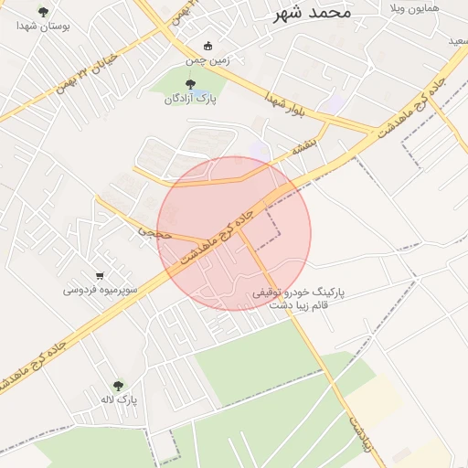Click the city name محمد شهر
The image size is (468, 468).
[x=312, y=14]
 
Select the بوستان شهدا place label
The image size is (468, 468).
[x=43, y=27]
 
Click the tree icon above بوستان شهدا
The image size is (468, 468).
[x=43, y=11]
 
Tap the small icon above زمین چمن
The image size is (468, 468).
[x=207, y=47]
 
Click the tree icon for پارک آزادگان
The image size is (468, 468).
[x=190, y=84]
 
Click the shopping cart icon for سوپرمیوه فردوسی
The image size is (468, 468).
[x=100, y=275]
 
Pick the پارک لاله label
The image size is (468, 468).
[x=118, y=399]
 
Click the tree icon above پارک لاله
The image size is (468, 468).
[x=118, y=386]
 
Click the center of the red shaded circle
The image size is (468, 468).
[x=234, y=234]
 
